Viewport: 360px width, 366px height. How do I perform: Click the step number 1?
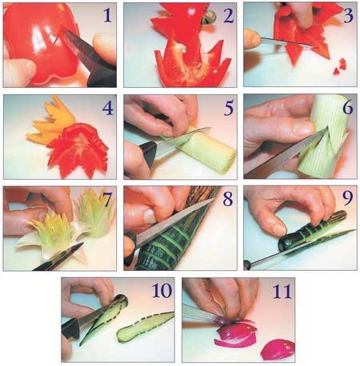(x=107, y=15)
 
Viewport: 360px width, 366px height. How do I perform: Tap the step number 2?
(x=228, y=15)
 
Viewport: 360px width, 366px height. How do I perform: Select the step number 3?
(x=348, y=15)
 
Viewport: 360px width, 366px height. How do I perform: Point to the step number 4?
(x=108, y=108)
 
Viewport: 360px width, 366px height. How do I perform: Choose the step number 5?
(x=229, y=108)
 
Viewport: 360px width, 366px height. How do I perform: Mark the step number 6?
(x=348, y=107)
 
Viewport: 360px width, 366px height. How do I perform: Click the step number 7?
(x=106, y=200)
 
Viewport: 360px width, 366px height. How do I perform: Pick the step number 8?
(x=228, y=199)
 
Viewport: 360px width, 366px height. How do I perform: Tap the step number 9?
(x=348, y=198)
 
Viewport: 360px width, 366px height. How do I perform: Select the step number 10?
(x=162, y=290)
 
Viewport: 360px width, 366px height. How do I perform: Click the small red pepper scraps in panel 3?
(x=340, y=66)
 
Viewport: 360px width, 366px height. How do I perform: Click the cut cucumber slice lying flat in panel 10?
(x=145, y=327)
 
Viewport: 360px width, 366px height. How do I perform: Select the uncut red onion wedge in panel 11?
(x=278, y=349)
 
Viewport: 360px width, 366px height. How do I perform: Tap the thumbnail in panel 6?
(x=303, y=128)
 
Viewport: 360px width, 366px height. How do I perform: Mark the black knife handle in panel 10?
(x=70, y=328)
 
